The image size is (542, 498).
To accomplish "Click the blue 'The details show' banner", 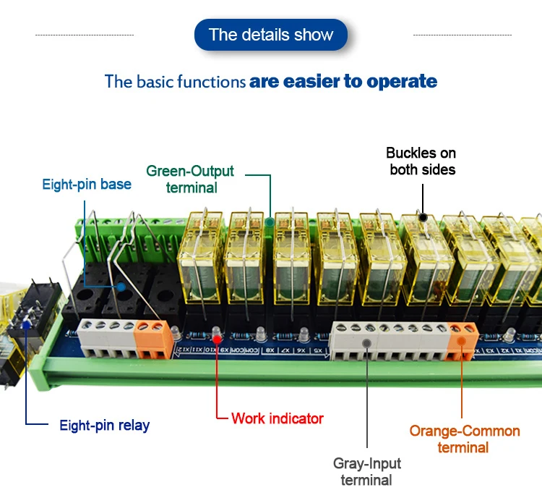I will pos(271,35).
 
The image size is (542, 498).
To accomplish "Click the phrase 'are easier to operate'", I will pos(343,81).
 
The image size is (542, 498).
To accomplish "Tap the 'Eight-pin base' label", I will pos(87,184).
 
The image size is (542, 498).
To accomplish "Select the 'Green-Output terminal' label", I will pos(190,179).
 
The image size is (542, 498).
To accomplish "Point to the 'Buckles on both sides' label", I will pos(422,161).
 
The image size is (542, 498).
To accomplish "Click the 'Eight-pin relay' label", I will pos(104,425).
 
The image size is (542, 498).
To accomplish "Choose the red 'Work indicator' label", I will pos(277,418).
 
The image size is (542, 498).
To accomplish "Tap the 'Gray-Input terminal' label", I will pos(366,470).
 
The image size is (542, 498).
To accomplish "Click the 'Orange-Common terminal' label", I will pos(464,439).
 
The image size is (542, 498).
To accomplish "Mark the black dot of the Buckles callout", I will pos(423,216).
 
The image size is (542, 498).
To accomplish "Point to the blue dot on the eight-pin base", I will pos(121,287).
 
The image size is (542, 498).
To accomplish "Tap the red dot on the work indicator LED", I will pos(217,337).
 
